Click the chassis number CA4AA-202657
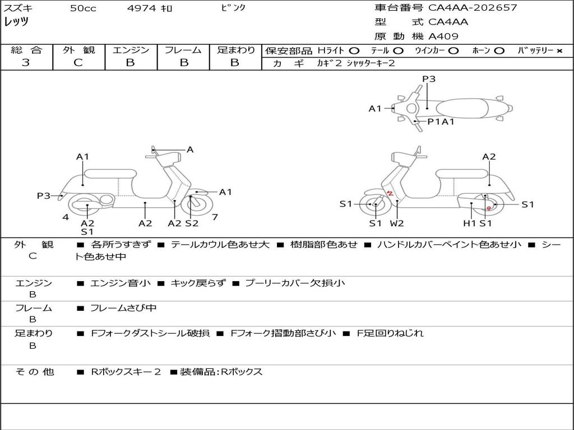pos(473,8)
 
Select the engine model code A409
pos(443,36)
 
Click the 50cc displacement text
pos(83,8)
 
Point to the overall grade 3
pos(26,63)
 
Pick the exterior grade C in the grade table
pos(78,63)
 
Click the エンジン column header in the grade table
pos(131,50)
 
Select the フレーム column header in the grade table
pos(183,50)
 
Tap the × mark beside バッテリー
pos(559,51)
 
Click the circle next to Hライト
pos(354,51)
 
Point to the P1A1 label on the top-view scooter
pos(441,121)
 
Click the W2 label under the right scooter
pos(397,223)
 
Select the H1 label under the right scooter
pos(469,223)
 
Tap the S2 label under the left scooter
pos(192,223)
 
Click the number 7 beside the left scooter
pos(215,217)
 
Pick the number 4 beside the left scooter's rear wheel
pos(66,217)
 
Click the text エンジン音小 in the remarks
pos(121,283)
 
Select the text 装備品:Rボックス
pos(221,371)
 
